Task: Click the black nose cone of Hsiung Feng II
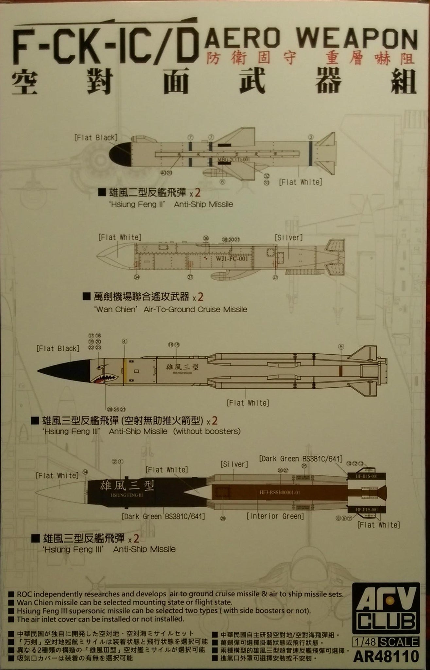(120, 154)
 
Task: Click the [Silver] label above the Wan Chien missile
(289, 237)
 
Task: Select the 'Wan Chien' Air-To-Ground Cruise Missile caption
(171, 309)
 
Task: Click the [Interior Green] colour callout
(275, 516)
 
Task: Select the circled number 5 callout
(341, 347)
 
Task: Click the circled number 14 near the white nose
(85, 472)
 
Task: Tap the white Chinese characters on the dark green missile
(127, 485)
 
